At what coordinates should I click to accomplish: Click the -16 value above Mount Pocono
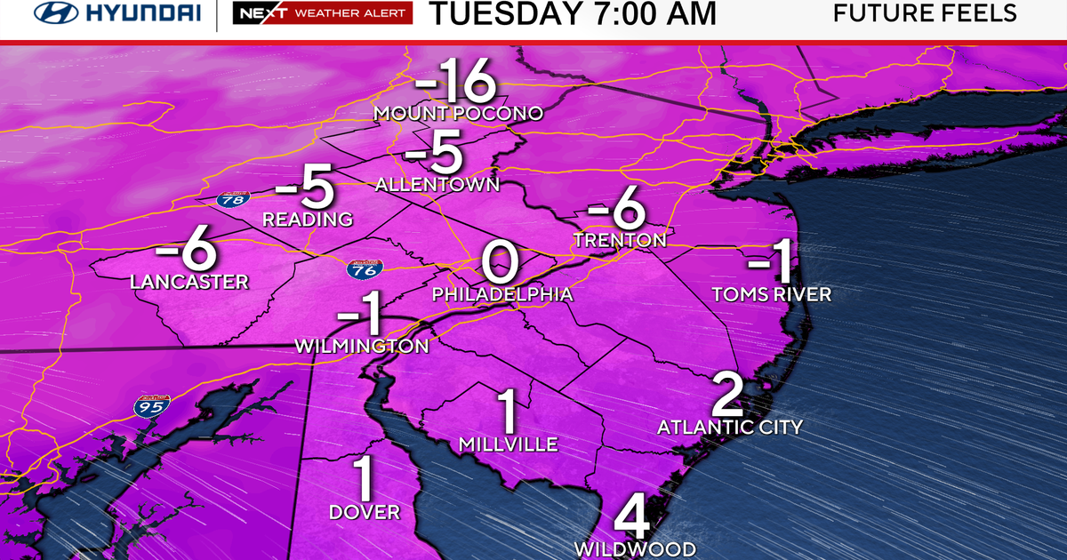pos(454,84)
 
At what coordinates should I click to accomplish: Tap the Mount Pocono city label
pos(458,114)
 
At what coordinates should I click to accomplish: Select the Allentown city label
pos(437,185)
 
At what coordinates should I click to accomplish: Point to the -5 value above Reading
pos(304,189)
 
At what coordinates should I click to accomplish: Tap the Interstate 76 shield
pos(360,269)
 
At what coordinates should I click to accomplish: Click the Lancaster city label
pos(189,282)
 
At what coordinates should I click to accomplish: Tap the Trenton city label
pos(620,240)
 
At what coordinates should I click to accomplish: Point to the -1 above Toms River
pos(770,264)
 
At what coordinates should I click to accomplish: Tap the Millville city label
pos(509,444)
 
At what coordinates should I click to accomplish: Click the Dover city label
pos(365,512)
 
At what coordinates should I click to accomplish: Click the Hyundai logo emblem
pos(55,13)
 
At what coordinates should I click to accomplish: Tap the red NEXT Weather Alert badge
pos(322,13)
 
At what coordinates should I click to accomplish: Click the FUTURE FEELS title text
pos(925,13)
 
